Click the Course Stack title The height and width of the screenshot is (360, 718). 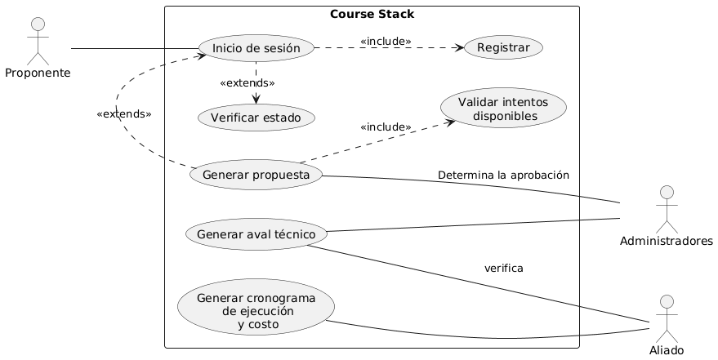coord(372,14)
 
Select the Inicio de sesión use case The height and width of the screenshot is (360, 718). coord(256,49)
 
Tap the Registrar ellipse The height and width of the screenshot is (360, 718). coord(503,49)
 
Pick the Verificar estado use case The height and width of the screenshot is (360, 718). coord(256,118)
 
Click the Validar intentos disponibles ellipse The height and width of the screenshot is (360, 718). coord(504,109)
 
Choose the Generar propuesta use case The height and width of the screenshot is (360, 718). coord(255,175)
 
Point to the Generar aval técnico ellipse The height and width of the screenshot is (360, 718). coord(256,234)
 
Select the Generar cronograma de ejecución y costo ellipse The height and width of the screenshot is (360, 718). coord(256,307)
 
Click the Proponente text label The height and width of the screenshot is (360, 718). coord(38,73)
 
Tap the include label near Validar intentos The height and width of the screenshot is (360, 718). coord(386,127)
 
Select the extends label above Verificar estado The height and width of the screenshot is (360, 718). coord(248,83)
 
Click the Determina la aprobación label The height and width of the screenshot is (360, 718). coord(503,176)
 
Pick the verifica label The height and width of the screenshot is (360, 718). coord(504,269)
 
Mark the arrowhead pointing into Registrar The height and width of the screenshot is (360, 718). coord(461,49)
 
